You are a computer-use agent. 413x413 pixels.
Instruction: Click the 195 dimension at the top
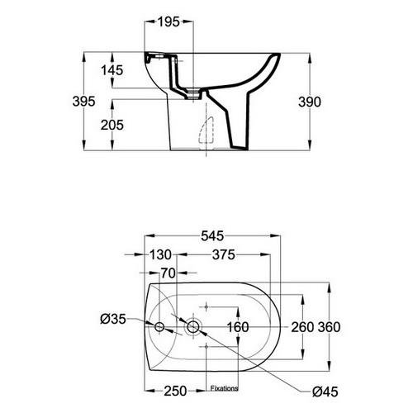169,21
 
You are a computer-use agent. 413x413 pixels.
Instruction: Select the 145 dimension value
112,70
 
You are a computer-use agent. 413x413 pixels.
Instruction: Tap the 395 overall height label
83,102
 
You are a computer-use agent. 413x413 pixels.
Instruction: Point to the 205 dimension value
112,126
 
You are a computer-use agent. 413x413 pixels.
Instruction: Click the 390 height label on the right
310,102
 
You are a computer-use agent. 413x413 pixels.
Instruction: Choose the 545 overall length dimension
212,236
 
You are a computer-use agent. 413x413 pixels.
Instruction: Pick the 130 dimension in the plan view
160,254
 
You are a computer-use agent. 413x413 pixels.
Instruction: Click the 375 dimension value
224,254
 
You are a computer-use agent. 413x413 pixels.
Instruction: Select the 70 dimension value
168,273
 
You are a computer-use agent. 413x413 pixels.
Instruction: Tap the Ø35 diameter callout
113,319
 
